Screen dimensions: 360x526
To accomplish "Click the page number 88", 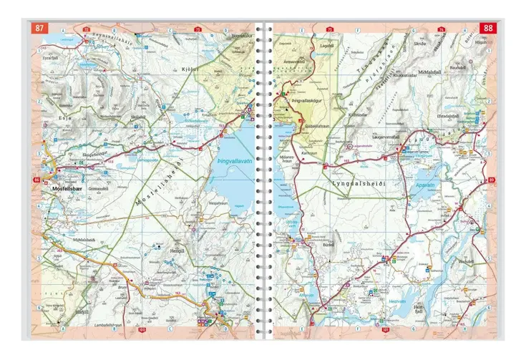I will [487, 29].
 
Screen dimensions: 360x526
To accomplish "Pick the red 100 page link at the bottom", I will [142, 330].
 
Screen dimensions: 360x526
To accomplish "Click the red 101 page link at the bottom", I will [386, 330].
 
